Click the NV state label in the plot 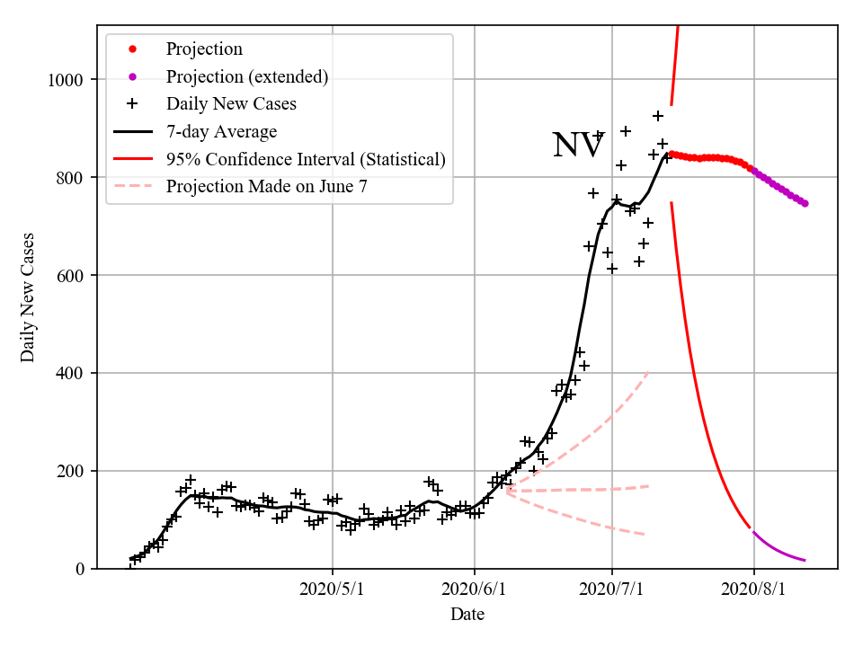click(578, 146)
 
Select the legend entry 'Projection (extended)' click(246, 76)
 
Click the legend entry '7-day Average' click(221, 132)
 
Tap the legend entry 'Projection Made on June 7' click(266, 187)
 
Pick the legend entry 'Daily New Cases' click(231, 104)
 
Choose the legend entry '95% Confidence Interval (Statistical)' click(306, 160)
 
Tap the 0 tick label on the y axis click(80, 569)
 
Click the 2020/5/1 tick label click(333, 590)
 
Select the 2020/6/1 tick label click(475, 590)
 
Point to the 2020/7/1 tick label click(612, 590)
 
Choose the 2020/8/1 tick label click(754, 590)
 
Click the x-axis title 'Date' click(467, 615)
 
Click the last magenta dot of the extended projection click(805, 204)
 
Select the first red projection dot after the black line click(672, 154)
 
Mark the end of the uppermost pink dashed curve click(648, 371)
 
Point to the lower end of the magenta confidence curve click(805, 561)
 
